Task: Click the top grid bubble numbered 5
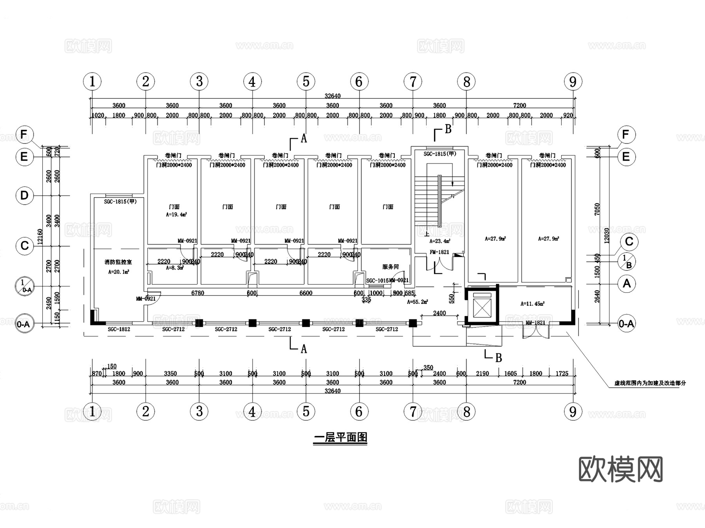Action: point(306,82)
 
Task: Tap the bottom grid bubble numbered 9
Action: point(573,412)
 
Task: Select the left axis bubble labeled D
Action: point(24,195)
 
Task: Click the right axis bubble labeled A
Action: point(627,283)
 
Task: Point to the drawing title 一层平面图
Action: point(340,437)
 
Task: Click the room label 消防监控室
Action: point(118,262)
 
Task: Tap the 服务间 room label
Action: point(390,267)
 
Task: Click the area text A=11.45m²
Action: point(532,303)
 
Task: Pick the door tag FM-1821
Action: point(439,252)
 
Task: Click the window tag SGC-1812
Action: point(119,329)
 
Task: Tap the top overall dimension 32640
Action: point(333,96)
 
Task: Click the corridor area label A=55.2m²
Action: point(417,302)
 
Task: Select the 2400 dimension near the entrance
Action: point(439,313)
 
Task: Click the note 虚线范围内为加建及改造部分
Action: point(650,383)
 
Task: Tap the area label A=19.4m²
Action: point(176,214)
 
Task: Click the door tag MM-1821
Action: point(535,323)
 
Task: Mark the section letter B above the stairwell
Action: point(448,129)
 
